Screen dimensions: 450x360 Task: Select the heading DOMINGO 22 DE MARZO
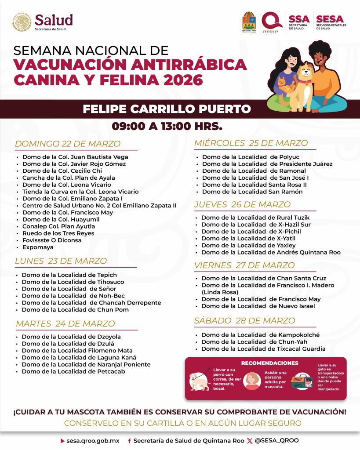click(x=68, y=144)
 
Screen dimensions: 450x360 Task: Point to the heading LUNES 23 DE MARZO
click(x=61, y=261)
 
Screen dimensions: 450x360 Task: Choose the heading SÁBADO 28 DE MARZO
click(x=244, y=320)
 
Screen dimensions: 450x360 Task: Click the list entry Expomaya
click(x=38, y=247)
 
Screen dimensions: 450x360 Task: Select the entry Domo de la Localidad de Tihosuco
click(x=73, y=282)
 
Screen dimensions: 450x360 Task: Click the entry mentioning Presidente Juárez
click(x=267, y=164)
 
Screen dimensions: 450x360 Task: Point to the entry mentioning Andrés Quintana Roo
click(x=271, y=252)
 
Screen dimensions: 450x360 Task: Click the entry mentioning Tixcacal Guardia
click(x=263, y=349)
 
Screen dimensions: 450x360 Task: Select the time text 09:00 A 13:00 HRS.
click(x=167, y=127)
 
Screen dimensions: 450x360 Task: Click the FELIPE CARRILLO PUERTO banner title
click(x=167, y=109)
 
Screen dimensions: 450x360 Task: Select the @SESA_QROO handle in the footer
click(x=277, y=440)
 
